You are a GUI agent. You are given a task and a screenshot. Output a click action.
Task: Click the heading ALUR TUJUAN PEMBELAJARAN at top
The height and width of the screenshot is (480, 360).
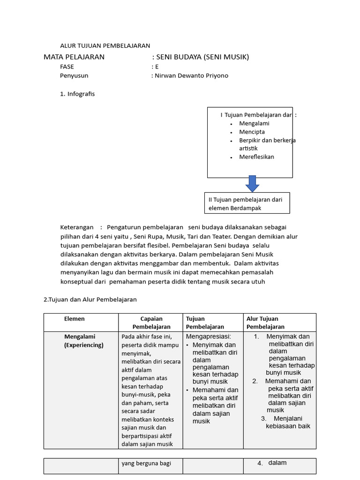click(x=105, y=45)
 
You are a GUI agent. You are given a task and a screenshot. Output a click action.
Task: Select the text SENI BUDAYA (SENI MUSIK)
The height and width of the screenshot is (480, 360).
click(x=202, y=57)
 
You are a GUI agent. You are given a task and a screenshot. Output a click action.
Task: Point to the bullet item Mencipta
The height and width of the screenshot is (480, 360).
click(x=252, y=132)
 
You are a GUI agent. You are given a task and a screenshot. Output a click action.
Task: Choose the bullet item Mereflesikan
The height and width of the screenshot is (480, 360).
click(x=256, y=157)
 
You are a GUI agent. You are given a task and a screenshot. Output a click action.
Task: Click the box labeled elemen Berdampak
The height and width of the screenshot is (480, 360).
click(x=247, y=203)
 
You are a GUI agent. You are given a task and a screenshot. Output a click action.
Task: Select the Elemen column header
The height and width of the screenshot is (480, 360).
click(x=75, y=319)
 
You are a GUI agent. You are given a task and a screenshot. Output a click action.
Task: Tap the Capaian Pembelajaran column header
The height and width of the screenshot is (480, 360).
click(x=151, y=322)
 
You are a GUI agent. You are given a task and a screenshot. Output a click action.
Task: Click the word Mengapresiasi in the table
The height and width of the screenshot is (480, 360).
click(x=208, y=337)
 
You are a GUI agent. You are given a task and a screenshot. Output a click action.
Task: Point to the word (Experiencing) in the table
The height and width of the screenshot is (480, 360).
click(x=84, y=345)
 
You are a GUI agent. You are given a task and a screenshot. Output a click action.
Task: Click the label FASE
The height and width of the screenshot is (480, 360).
click(x=67, y=67)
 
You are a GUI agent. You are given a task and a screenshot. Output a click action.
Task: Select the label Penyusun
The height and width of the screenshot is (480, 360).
click(x=74, y=75)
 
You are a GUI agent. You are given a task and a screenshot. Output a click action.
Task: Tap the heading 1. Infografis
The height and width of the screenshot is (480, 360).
click(x=77, y=94)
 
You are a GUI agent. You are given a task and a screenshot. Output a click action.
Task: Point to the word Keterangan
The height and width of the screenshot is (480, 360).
click(x=76, y=227)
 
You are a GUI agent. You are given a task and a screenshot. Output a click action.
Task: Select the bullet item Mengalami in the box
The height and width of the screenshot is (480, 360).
click(x=254, y=123)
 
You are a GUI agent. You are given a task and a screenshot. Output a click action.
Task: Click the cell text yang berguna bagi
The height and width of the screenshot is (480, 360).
click(x=146, y=463)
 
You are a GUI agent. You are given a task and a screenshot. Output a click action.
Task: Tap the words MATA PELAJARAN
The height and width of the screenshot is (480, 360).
click(x=74, y=57)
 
